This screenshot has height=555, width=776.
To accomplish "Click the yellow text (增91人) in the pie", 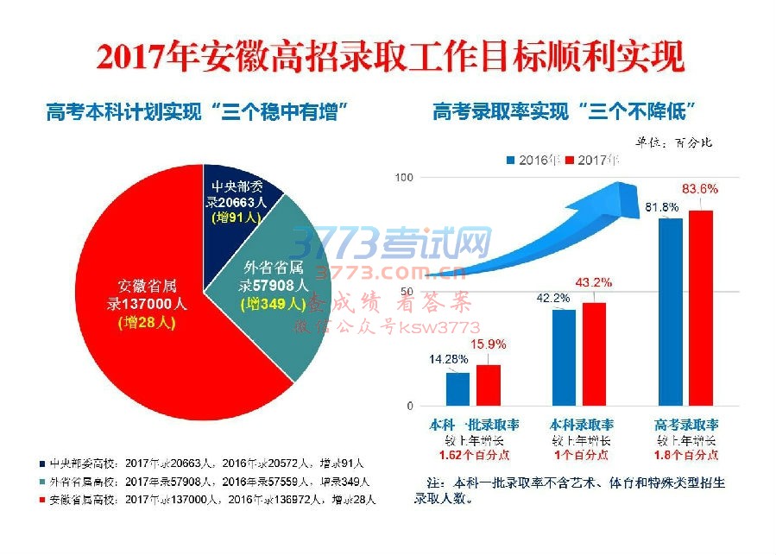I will click(237, 218).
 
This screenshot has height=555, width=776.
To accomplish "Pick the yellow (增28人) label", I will click(147, 322).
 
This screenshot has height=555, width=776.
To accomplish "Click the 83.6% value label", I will click(699, 188).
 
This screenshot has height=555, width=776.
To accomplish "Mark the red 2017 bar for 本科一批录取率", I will click(489, 385).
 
